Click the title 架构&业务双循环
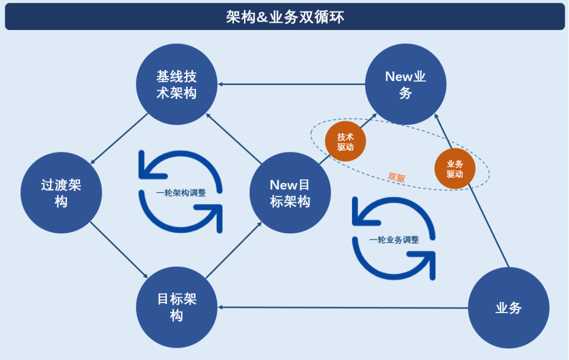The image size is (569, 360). click(284, 17)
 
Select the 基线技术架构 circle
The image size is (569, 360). click(176, 84)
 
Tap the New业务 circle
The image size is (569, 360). click(406, 84)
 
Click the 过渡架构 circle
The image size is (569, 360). click(61, 193)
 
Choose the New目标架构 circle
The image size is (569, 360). click(290, 193)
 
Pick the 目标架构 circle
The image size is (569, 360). click(176, 307)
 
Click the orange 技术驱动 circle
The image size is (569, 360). click(346, 142)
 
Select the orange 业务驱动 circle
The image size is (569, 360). click(455, 169)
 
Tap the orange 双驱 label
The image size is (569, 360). click(396, 177)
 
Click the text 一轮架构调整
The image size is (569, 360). click(181, 193)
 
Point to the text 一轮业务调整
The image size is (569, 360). click(394, 240)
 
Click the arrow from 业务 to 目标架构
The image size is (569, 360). click(342, 308)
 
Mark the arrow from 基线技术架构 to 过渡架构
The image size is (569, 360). click(120, 138)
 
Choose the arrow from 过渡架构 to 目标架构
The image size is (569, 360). click(119, 250)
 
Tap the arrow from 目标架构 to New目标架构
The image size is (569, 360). click(233, 250)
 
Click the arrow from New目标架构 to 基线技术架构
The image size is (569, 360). click(233, 138)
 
